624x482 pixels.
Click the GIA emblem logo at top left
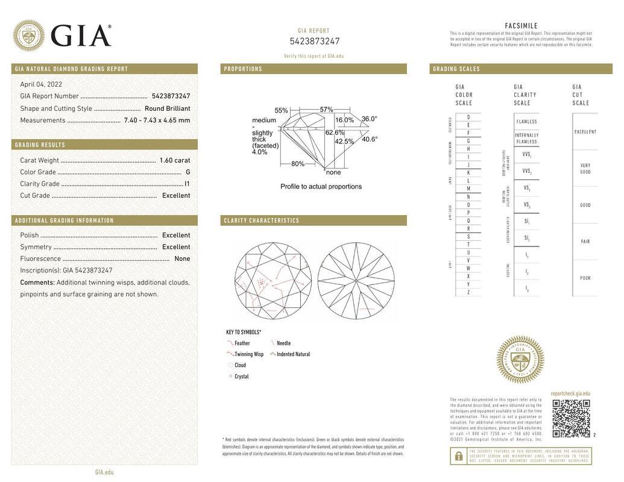[28, 36]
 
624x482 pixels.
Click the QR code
[571, 418]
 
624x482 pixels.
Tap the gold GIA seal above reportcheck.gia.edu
[520, 360]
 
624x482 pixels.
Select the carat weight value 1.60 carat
[174, 160]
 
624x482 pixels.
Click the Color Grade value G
[188, 172]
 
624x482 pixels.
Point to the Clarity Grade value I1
[187, 184]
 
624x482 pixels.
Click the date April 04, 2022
[41, 84]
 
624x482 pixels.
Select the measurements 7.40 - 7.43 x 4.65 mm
[157, 120]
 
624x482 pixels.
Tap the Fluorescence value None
[182, 259]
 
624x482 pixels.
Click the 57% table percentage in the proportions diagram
[326, 110]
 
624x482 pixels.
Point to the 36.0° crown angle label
[370, 119]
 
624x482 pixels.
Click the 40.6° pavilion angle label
[370, 139]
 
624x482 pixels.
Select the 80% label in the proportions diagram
[298, 164]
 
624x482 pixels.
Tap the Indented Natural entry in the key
[293, 354]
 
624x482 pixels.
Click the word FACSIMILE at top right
[521, 26]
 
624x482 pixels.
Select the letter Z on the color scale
[468, 292]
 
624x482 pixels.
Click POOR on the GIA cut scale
[585, 278]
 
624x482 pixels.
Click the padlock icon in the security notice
[458, 456]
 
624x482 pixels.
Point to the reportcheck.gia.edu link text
[570, 393]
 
